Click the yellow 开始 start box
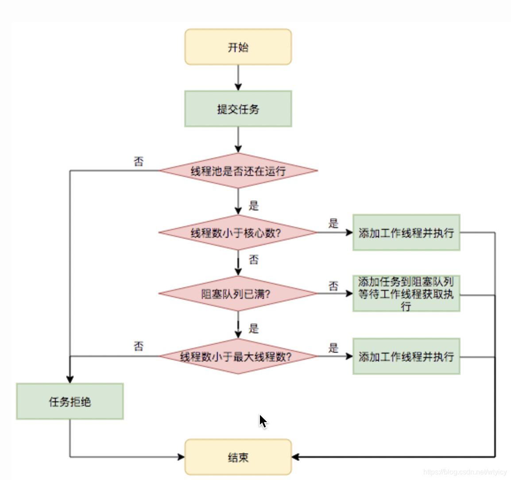[x=238, y=47]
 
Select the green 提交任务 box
[x=238, y=109]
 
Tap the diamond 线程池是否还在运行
[x=238, y=171]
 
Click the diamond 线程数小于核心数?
[x=238, y=232]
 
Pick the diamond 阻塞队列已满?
[x=238, y=293]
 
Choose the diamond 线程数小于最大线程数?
[x=238, y=356]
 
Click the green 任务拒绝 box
[x=70, y=401]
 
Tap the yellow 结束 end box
[x=238, y=457]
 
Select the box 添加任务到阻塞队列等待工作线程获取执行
[x=406, y=293]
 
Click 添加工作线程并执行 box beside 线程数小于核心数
[x=406, y=232]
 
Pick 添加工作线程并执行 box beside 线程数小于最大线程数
[x=406, y=356]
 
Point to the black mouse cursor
[x=263, y=421]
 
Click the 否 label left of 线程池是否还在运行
[x=139, y=161]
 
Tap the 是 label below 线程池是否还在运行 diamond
[x=253, y=206]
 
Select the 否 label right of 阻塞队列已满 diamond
[x=333, y=286]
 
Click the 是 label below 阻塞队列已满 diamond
[x=253, y=328]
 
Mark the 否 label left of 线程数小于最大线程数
[x=139, y=346]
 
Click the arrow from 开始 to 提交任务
[x=238, y=78]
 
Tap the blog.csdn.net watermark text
[x=465, y=472]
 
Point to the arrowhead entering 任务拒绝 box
[x=70, y=379]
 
